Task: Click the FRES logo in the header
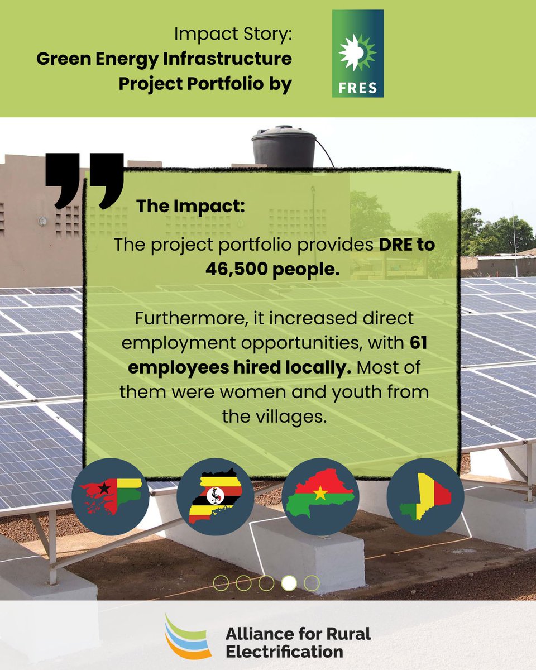[x=357, y=54]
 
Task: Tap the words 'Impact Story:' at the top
[x=233, y=35]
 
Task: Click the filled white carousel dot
[x=289, y=583]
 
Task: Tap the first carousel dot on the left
[x=221, y=583]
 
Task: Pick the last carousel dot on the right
[x=312, y=583]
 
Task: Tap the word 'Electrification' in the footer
[x=284, y=651]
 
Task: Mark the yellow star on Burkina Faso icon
[x=320, y=493]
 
